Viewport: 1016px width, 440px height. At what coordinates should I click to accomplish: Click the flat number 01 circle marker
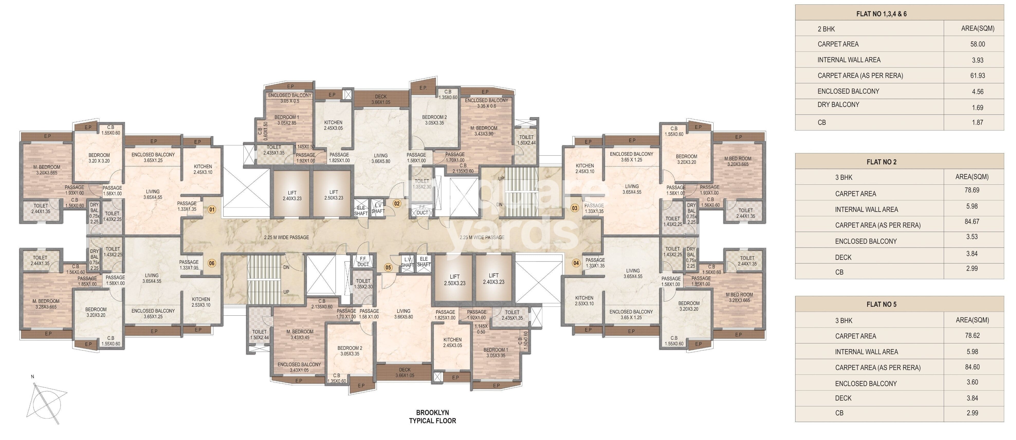pyautogui.click(x=212, y=210)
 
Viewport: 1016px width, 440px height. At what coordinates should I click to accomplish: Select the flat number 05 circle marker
pyautogui.click(x=388, y=268)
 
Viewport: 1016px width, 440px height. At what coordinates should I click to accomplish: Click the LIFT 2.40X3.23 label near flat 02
pyautogui.click(x=292, y=195)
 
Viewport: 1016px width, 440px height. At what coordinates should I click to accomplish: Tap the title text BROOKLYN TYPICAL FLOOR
pyautogui.click(x=432, y=417)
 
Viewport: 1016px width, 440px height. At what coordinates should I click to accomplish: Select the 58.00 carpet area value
pyautogui.click(x=977, y=44)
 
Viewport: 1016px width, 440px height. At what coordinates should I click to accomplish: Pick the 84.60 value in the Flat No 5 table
pyautogui.click(x=972, y=367)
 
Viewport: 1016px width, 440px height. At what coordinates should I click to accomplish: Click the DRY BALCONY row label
pyautogui.click(x=838, y=105)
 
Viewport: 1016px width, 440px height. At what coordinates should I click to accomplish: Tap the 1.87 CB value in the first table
pyautogui.click(x=977, y=123)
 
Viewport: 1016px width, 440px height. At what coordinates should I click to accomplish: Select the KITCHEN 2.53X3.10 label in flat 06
pyautogui.click(x=201, y=302)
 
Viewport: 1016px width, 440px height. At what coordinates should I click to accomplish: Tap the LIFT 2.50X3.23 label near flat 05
pyautogui.click(x=454, y=280)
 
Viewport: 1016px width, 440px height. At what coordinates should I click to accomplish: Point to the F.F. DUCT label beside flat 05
pyautogui.click(x=363, y=262)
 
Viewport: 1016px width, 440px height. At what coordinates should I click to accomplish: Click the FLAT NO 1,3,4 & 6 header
pyautogui.click(x=881, y=14)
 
